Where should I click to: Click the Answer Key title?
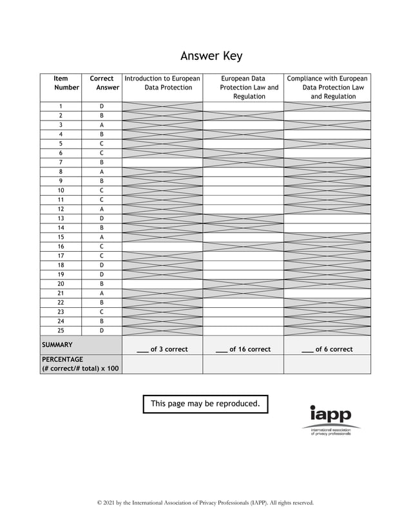pyautogui.click(x=211, y=56)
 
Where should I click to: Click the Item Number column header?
pyautogui.click(x=61, y=83)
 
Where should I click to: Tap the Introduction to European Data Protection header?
pyautogui.click(x=162, y=83)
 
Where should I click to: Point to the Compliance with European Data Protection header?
pyautogui.click(x=327, y=88)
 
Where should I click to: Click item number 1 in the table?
pyautogui.click(x=61, y=106)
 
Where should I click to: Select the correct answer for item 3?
pyautogui.click(x=102, y=125)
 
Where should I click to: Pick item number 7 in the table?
pyautogui.click(x=61, y=162)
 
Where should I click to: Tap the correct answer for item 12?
pyautogui.click(x=102, y=209)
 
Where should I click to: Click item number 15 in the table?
pyautogui.click(x=61, y=237)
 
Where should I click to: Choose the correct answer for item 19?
pyautogui.click(x=102, y=274)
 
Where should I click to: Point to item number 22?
pyautogui.click(x=61, y=303)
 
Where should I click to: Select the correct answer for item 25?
pyautogui.click(x=102, y=330)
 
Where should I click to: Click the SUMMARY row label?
pyautogui.click(x=57, y=345)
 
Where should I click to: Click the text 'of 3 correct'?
pyautogui.click(x=169, y=349)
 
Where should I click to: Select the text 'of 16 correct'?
pyautogui.click(x=249, y=349)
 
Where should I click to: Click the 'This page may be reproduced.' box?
pyautogui.click(x=205, y=404)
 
